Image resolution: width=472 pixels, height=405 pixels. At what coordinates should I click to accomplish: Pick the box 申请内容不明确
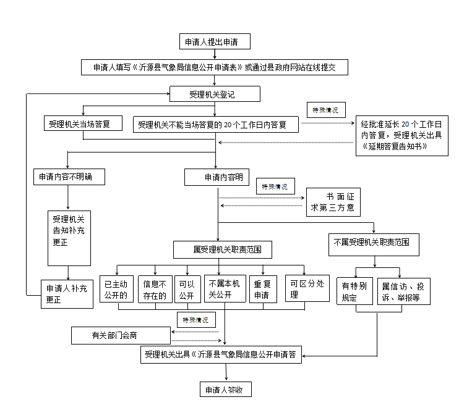tap(68, 177)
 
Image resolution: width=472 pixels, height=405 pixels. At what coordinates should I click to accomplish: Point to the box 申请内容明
tap(217, 178)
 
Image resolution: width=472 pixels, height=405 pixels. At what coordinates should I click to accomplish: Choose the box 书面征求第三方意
tap(332, 202)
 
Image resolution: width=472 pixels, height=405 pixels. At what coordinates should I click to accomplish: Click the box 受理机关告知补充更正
tap(69, 231)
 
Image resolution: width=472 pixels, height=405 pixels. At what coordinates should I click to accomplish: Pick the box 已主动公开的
tap(117, 289)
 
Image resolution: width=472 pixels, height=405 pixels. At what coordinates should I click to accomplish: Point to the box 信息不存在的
tap(153, 289)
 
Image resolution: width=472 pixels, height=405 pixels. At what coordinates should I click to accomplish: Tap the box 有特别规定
tap(355, 291)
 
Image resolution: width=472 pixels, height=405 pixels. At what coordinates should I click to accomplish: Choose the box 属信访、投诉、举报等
tap(403, 291)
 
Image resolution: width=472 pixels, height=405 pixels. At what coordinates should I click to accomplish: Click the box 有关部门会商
tap(121, 335)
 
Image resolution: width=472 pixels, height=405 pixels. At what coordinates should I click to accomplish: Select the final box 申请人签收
tap(226, 390)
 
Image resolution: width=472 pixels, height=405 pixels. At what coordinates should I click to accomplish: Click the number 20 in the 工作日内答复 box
tap(228, 125)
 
